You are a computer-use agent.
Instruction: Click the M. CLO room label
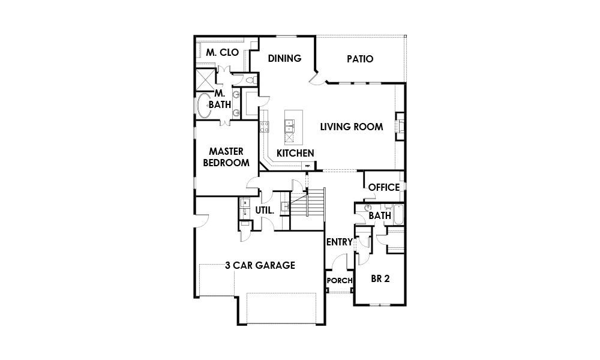coord(223,52)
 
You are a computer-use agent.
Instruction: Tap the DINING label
coord(284,58)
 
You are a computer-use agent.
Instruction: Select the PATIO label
coord(360,59)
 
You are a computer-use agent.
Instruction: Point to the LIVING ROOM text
coord(351,127)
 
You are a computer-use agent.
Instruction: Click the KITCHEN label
coord(295,153)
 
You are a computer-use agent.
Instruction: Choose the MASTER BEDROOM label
coord(226,157)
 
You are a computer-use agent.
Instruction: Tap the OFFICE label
coord(384,187)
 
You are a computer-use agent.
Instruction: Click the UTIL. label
coord(265,211)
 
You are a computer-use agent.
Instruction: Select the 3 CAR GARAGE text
coord(260,265)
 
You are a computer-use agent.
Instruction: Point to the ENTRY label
coord(339,242)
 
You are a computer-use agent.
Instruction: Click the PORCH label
coord(340,280)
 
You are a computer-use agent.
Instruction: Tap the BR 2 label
coord(380,278)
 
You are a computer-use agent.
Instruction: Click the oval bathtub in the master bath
coord(204,105)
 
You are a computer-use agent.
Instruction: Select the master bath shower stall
coord(205,79)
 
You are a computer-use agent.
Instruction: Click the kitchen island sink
coord(290,125)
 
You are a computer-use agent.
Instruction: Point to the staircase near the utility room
coord(307,209)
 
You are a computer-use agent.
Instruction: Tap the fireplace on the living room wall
coord(400,126)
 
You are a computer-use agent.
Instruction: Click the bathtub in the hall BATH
coord(398,215)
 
